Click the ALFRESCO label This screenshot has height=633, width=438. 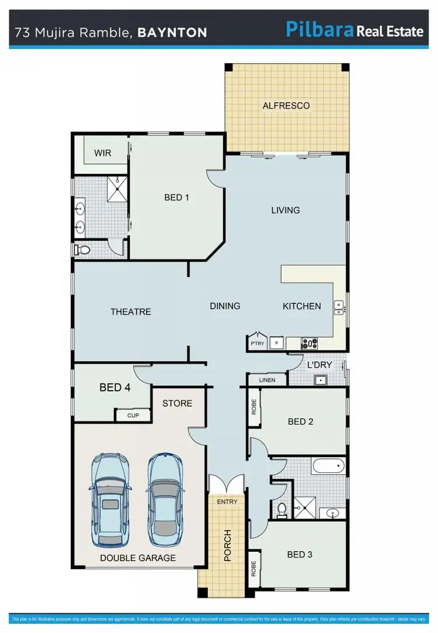pyautogui.click(x=286, y=106)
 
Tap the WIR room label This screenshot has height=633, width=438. pyautogui.click(x=102, y=153)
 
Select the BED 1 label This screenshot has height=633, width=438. pyautogui.click(x=176, y=198)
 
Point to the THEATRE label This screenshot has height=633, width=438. pyautogui.click(x=131, y=312)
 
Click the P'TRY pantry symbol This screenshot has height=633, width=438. pyautogui.click(x=257, y=342)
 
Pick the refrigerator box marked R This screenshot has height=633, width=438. pyautogui.click(x=276, y=343)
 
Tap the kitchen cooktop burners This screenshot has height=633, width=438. pyautogui.click(x=309, y=343)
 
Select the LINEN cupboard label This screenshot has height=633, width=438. pyautogui.click(x=266, y=381)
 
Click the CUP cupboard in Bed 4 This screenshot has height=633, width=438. pyautogui.click(x=133, y=416)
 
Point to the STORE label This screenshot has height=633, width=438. pyautogui.click(x=177, y=403)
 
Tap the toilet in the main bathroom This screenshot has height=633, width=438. pyautogui.click(x=282, y=510)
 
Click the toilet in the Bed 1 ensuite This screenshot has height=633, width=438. pyautogui.click(x=82, y=250)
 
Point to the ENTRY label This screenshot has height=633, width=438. pyautogui.click(x=227, y=501)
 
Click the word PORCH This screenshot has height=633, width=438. pyautogui.click(x=228, y=546)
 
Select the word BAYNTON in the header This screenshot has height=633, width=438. pyautogui.click(x=172, y=32)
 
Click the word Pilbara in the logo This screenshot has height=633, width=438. pyautogui.click(x=319, y=30)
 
